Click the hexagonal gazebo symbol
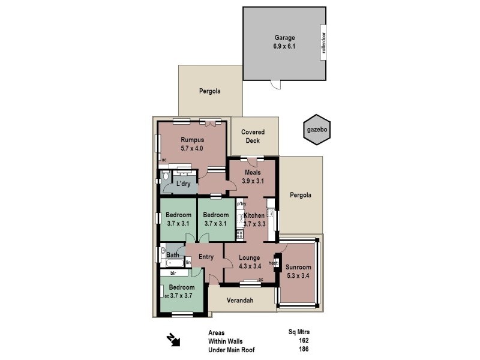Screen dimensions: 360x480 pos(316,129)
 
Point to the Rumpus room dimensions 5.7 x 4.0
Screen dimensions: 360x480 pos(193,148)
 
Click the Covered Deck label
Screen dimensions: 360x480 pos(253,136)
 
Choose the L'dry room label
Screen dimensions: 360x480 pos(183,184)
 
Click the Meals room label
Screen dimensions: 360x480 pos(252,173)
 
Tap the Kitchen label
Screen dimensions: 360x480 pos(254,215)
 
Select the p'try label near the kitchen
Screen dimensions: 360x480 pos(241,204)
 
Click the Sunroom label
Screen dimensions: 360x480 pos(298,268)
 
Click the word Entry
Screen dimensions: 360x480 pos(206,257)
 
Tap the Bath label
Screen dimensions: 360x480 pos(173,255)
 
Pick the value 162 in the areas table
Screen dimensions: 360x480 pos(303,340)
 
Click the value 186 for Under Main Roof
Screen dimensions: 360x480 pos(303,349)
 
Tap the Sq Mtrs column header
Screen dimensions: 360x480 pos(299,331)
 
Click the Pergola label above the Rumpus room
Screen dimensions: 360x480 pos(210,92)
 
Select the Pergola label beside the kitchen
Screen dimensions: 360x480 pos(301,195)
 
